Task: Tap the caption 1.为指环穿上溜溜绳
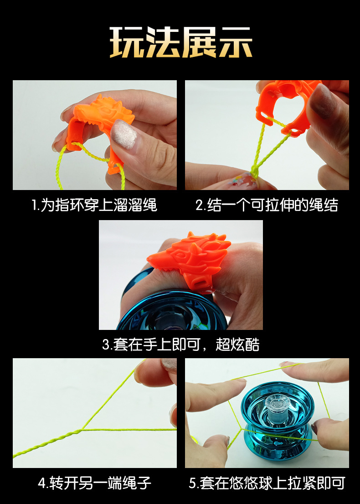point(94,205)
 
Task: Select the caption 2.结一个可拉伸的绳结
point(267,205)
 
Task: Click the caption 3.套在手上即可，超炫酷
point(180,344)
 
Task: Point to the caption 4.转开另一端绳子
point(94,483)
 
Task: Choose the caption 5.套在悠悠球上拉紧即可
point(267,483)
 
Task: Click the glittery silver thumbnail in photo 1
point(124,134)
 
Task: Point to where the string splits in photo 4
point(82,429)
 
